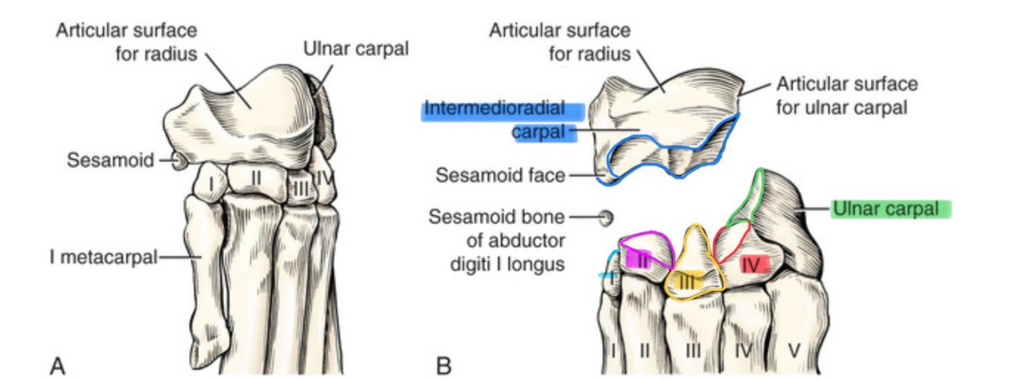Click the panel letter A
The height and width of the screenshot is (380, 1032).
coord(57,364)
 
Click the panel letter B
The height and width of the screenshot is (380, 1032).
coord(443,364)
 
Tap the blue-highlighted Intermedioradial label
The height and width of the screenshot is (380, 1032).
coord(494,110)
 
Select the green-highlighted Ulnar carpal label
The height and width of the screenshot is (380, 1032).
coord(890,209)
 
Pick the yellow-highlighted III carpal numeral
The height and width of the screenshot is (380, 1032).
coord(688,282)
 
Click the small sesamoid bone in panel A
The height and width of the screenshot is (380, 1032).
coord(179,161)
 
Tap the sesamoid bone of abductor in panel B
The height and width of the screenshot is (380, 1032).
coord(607,217)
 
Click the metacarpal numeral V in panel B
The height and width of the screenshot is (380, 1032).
coord(794,351)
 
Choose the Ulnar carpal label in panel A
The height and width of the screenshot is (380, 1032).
coord(356,49)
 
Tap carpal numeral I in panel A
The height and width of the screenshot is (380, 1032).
coord(210,183)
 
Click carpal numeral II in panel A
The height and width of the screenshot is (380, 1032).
coord(256,178)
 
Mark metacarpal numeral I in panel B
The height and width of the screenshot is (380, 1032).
coord(614,351)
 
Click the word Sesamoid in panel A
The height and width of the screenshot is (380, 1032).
coord(108,161)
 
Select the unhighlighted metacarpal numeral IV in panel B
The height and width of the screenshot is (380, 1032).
coord(742,351)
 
